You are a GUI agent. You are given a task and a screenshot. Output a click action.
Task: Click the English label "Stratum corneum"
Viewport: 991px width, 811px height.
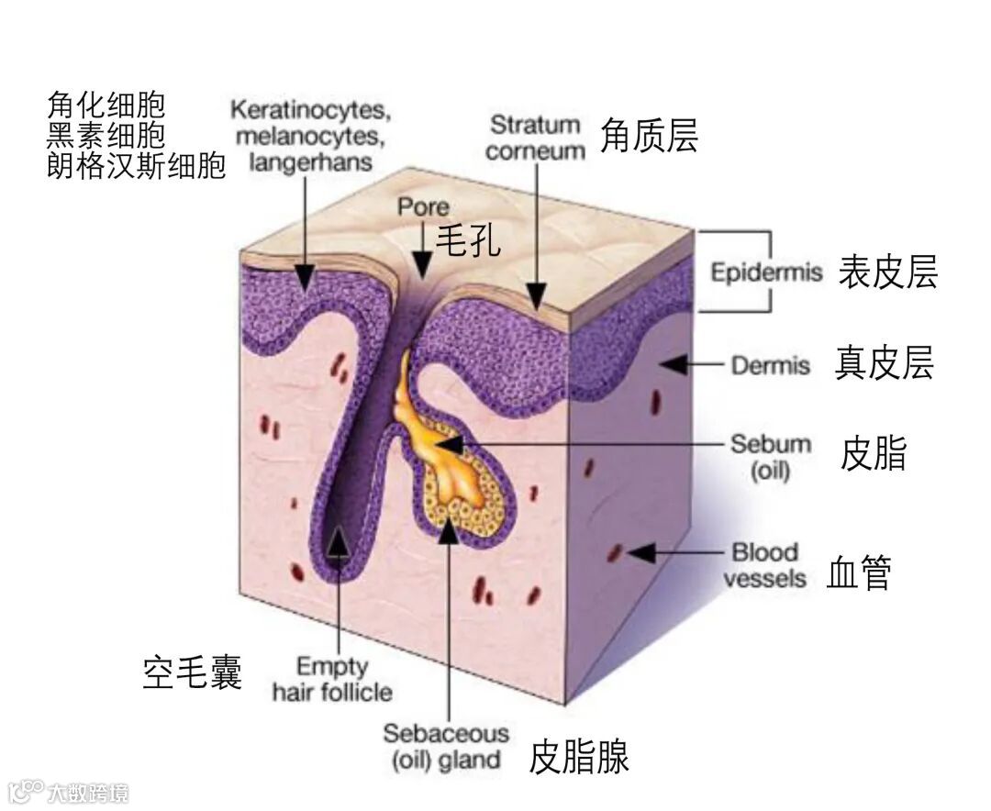click(x=535, y=137)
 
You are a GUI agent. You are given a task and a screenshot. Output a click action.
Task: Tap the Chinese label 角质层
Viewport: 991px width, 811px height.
click(x=649, y=137)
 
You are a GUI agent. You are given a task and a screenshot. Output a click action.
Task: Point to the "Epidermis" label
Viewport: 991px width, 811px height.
click(x=767, y=273)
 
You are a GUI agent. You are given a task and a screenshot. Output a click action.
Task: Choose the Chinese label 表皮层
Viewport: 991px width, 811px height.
click(x=887, y=272)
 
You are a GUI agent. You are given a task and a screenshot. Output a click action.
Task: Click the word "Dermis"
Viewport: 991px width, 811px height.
click(x=771, y=365)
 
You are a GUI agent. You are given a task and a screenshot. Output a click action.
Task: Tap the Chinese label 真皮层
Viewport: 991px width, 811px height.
click(x=884, y=363)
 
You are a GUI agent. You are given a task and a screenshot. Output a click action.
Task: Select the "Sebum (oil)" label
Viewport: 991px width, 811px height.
click(x=771, y=458)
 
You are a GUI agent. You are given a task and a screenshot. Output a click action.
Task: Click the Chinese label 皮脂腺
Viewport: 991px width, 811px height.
click(x=579, y=758)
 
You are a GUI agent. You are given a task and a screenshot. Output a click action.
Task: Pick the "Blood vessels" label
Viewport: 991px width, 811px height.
click(x=764, y=565)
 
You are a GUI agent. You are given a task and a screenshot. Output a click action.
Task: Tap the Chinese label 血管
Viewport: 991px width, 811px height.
click(x=859, y=572)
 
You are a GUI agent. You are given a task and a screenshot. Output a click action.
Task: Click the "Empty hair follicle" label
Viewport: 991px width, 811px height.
click(x=332, y=679)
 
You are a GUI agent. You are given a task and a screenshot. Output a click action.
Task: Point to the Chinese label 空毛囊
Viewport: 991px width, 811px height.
click(x=193, y=673)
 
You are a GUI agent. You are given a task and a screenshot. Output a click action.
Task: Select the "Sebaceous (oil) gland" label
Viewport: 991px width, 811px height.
click(x=446, y=747)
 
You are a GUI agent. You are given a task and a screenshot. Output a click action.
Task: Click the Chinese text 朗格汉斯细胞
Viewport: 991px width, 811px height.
click(x=136, y=167)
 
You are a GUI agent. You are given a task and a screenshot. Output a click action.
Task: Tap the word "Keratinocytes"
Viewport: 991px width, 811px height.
click(x=310, y=111)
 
